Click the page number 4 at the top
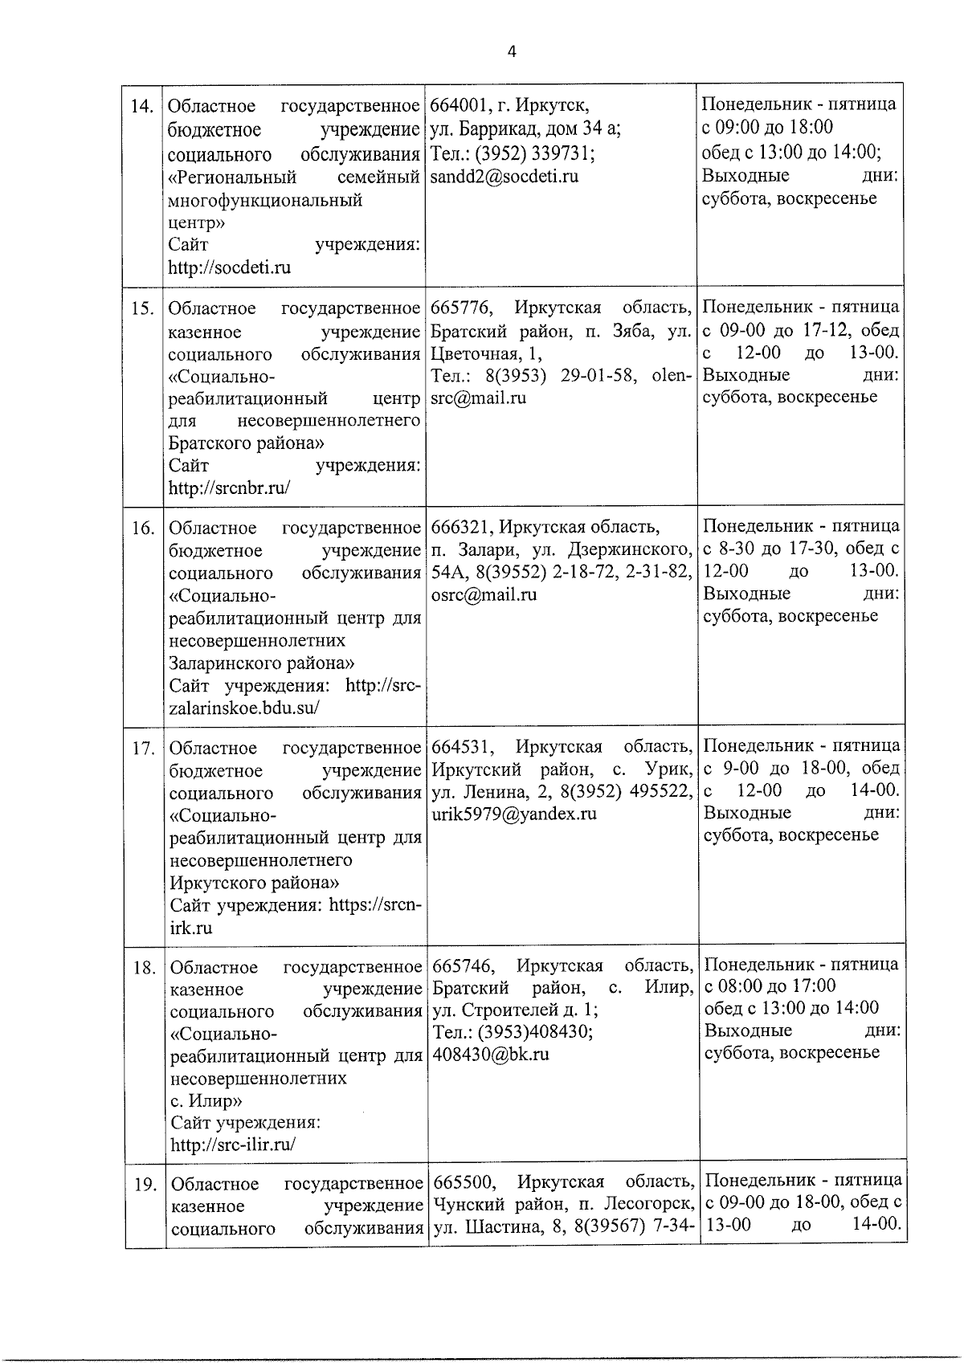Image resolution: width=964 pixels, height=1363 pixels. click(512, 52)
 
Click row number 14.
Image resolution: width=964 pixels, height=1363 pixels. click(142, 107)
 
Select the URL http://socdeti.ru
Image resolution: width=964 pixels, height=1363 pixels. click(229, 267)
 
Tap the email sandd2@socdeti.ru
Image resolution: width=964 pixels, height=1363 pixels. click(504, 176)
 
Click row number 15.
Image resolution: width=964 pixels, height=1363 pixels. click(142, 309)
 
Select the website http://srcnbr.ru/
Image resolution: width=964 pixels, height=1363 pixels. click(229, 488)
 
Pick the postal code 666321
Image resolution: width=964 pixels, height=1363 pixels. click(459, 528)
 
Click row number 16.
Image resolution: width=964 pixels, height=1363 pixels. click(142, 528)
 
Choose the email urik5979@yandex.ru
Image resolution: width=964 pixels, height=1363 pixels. click(513, 814)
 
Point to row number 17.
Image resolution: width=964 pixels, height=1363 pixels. click(142, 749)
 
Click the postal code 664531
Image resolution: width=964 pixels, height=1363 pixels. click(459, 747)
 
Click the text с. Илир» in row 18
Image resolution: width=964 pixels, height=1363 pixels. click(206, 1100)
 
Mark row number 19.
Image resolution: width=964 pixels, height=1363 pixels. click(144, 1185)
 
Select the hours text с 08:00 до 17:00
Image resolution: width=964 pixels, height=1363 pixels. click(770, 986)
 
